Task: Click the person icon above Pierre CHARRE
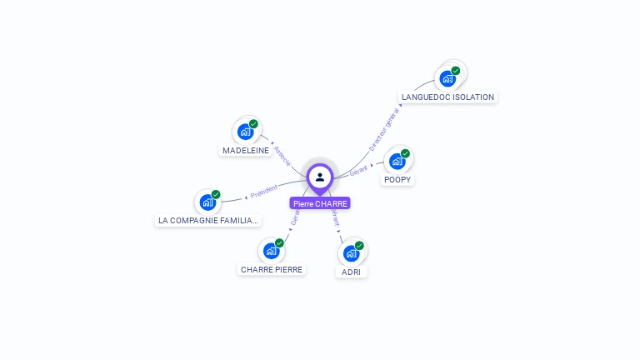point(320,177)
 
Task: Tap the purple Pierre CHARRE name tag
point(320,203)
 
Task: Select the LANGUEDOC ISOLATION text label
point(447,97)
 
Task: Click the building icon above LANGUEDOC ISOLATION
point(448,78)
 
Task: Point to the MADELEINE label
point(246,150)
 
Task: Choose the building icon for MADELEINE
point(246,132)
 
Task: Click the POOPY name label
point(397,179)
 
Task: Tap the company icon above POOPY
point(397,161)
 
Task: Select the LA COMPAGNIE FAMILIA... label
point(208,221)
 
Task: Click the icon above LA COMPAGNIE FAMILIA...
point(208,202)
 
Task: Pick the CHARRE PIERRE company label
point(272,269)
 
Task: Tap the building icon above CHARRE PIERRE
point(271,251)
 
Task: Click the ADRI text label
point(352,272)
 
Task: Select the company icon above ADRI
point(352,253)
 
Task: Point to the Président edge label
point(263,191)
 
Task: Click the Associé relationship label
point(282,156)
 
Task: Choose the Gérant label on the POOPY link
point(358,170)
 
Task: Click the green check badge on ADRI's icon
point(359,246)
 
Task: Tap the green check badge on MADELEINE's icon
point(253,124)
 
